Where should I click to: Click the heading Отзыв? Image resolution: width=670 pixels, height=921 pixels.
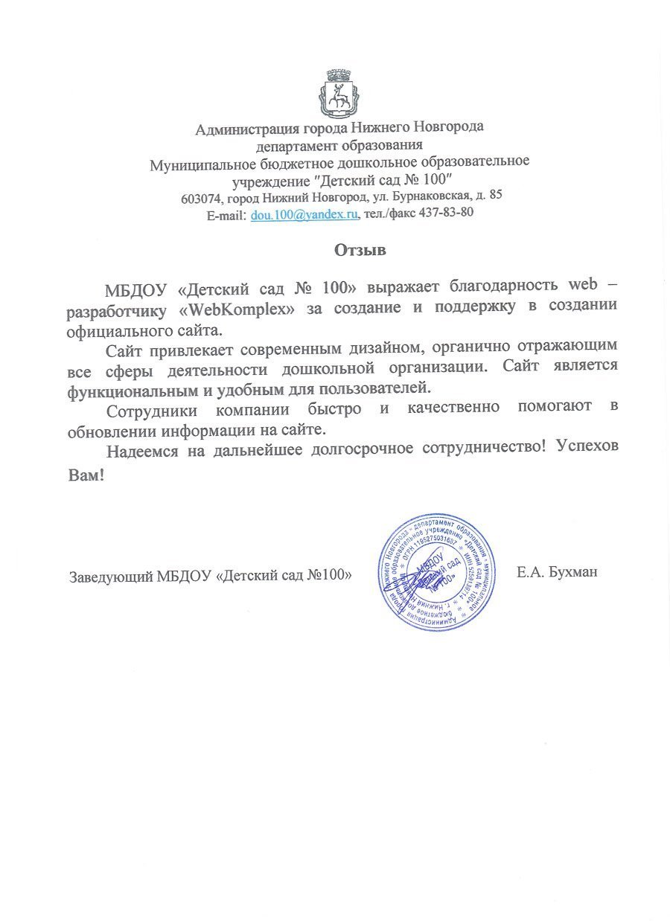tap(360, 250)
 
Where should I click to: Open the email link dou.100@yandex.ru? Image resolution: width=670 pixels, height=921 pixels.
tap(305, 214)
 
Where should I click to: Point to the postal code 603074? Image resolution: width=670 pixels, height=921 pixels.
tap(202, 198)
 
